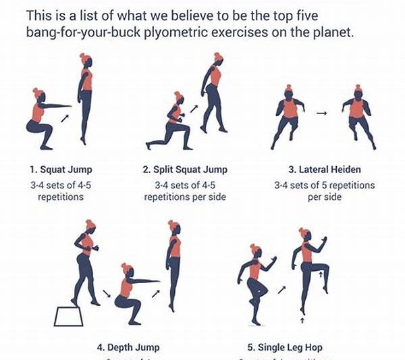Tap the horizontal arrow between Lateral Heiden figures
tap(321, 113)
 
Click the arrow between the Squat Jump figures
tap(65, 119)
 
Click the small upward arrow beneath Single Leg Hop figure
tap(301, 312)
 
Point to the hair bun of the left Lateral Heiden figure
tap(288, 88)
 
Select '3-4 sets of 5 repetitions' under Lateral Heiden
tap(323, 185)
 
